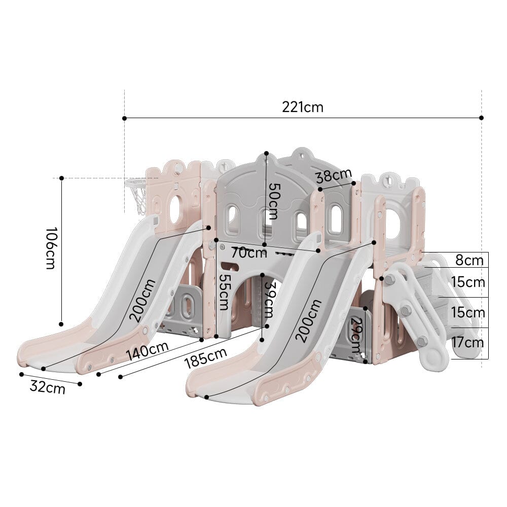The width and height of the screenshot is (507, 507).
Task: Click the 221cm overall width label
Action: click(303, 107)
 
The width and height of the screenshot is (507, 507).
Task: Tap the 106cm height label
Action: click(51, 248)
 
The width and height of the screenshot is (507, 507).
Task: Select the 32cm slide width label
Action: click(47, 388)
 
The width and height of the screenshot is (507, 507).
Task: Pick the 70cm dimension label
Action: click(249, 251)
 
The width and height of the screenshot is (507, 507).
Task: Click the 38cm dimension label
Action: click(333, 176)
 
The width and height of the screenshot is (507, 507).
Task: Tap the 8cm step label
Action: click(469, 261)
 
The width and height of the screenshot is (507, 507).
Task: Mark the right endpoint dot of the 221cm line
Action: click(481, 118)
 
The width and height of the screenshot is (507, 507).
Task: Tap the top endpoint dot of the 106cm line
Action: click(61, 178)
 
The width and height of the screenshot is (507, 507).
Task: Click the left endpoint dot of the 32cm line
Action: click(21, 375)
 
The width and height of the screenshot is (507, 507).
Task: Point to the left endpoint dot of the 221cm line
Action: click(124, 118)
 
